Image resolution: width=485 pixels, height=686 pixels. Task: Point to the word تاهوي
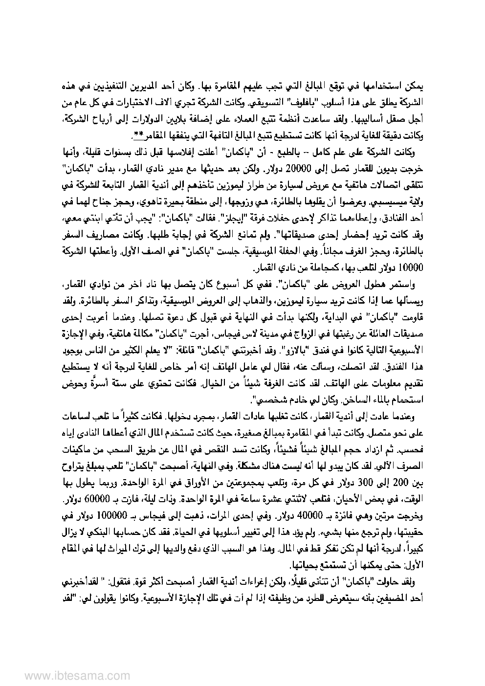pyautogui.click(x=155, y=202)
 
